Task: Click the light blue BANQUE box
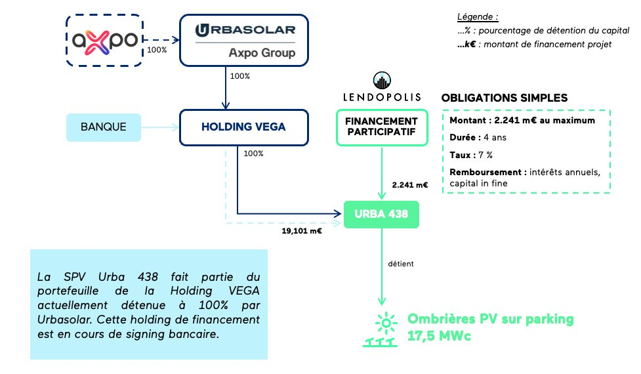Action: click(x=104, y=127)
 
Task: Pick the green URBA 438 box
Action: click(x=381, y=214)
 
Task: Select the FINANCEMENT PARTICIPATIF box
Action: click(x=381, y=127)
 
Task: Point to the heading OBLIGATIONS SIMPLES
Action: click(x=505, y=98)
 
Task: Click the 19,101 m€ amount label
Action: click(x=302, y=231)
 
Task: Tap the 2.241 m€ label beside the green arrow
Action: click(x=409, y=186)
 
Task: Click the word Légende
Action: click(x=477, y=16)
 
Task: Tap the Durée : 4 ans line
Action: click(x=478, y=138)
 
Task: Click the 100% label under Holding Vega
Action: click(x=253, y=154)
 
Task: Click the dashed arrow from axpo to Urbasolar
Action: click(x=161, y=40)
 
